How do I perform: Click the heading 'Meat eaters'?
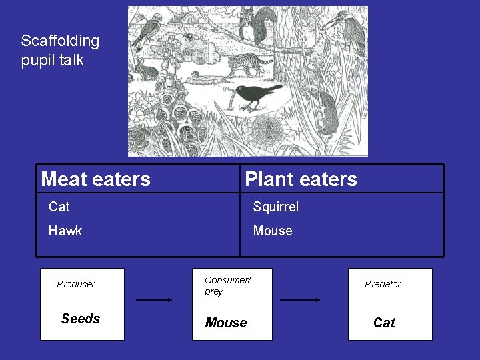point(96,179)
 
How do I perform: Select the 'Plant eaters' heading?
point(301,179)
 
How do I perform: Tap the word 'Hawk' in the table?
point(65,231)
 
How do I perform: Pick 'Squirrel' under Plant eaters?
point(275,207)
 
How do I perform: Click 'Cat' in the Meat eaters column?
point(59,207)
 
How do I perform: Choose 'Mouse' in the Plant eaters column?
point(272,231)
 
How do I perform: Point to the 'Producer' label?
point(76,284)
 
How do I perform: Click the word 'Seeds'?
point(81,319)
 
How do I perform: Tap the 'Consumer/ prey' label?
point(227,286)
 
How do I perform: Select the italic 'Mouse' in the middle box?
point(226,323)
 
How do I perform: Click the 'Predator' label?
point(383,284)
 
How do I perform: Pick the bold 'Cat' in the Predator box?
point(384,323)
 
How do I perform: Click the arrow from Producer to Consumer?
point(154,300)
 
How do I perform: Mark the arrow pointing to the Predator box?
point(299,300)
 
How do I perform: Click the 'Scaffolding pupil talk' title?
point(60,50)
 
